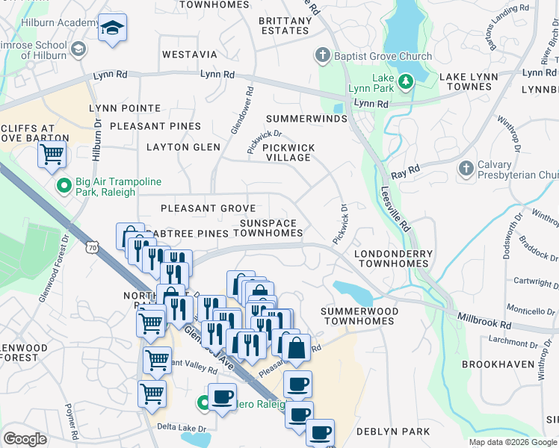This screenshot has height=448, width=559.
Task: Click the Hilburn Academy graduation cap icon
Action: [x=112, y=28]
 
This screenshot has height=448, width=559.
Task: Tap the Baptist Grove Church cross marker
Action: [x=323, y=56]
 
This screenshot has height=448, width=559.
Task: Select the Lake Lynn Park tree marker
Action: [x=405, y=81]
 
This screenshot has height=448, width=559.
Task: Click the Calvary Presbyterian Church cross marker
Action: [x=466, y=168]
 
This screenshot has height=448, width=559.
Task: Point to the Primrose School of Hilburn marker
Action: [x=78, y=50]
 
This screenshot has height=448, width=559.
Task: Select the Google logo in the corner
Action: [x=25, y=439]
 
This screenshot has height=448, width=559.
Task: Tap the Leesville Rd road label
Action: [x=396, y=209]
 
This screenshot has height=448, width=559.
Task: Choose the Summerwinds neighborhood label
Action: [x=306, y=119]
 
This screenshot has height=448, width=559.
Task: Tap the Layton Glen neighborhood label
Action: [x=183, y=147]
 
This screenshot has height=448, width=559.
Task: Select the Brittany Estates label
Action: [x=283, y=25]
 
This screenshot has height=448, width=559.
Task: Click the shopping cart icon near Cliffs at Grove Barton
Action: [x=52, y=155]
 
